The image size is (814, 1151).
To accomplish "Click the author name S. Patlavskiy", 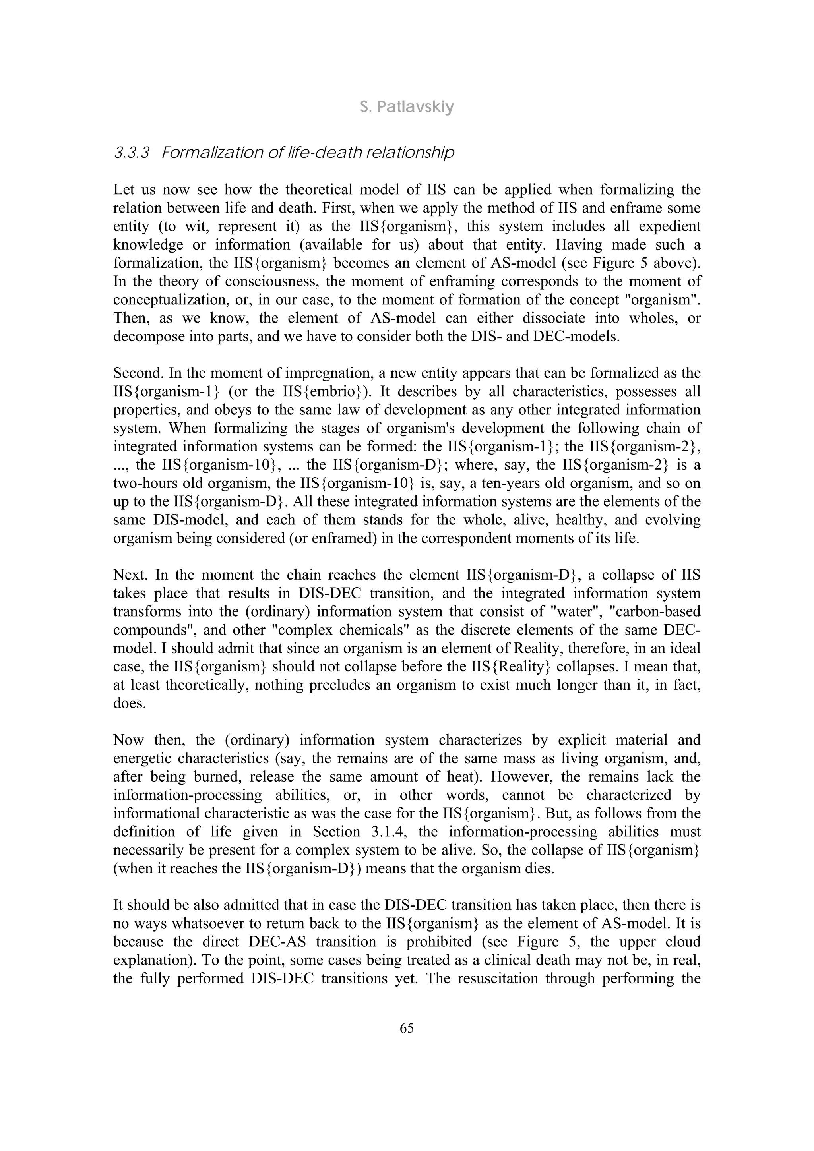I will [x=407, y=107].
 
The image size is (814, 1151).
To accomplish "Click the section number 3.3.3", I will [x=132, y=153].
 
